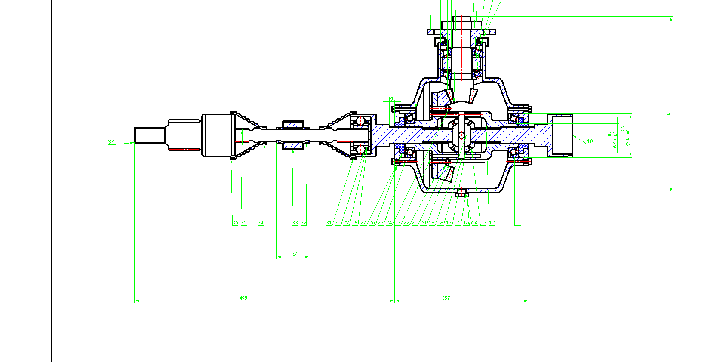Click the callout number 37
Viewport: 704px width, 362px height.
(x=111, y=141)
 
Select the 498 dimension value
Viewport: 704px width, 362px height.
(x=243, y=298)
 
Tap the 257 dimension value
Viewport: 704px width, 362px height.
(x=446, y=298)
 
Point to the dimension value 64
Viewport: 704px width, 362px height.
(x=295, y=254)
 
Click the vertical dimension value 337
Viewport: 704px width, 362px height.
(x=668, y=112)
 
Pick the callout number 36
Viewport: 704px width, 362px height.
(x=235, y=223)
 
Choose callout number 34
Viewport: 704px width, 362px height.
(x=261, y=223)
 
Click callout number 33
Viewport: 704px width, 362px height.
(x=295, y=223)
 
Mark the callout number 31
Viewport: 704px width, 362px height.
(x=329, y=223)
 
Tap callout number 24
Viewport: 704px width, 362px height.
(x=389, y=223)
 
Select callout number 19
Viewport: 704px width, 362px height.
(x=432, y=223)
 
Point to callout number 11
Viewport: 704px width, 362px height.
(x=517, y=223)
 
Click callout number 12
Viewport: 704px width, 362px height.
(x=492, y=223)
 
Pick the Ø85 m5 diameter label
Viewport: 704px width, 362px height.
(x=628, y=137)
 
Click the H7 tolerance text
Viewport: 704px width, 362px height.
(x=609, y=134)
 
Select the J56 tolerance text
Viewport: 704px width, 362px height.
(x=622, y=130)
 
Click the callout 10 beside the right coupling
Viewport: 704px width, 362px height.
(x=590, y=141)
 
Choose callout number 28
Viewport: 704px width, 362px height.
(x=355, y=223)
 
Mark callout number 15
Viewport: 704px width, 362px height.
(x=466, y=223)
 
